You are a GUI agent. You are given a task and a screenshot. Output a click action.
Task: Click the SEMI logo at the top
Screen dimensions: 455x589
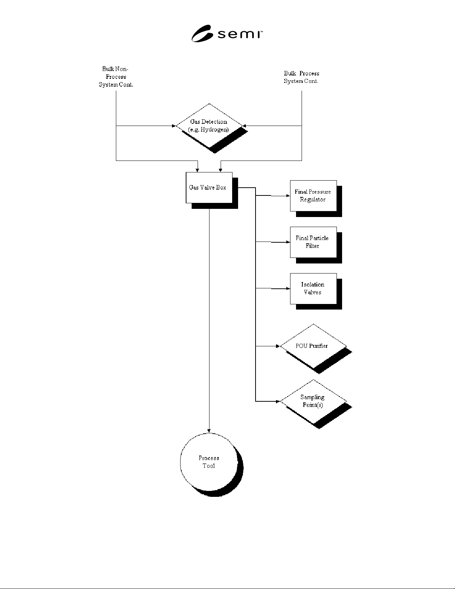pyautogui.click(x=227, y=33)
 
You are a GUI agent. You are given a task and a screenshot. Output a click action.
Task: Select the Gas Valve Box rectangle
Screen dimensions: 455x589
pyautogui.click(x=209, y=188)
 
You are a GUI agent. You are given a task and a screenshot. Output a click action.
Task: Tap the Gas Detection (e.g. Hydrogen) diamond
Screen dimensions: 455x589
pyautogui.click(x=209, y=126)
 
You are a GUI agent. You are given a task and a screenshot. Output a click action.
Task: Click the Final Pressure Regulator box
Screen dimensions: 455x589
pyautogui.click(x=313, y=196)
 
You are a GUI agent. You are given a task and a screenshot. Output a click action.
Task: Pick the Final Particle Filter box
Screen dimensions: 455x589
pyautogui.click(x=313, y=242)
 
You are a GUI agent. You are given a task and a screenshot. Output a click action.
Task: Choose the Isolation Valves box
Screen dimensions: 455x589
pyautogui.click(x=313, y=288)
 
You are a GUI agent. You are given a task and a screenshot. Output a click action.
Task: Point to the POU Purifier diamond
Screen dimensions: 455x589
pyautogui.click(x=313, y=346)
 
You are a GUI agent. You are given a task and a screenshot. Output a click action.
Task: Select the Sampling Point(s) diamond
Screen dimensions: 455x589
pyautogui.click(x=313, y=401)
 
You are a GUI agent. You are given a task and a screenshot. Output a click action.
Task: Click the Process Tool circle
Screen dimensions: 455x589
pyautogui.click(x=209, y=462)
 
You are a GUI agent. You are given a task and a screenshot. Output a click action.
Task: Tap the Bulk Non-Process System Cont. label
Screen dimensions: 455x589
pyautogui.click(x=116, y=77)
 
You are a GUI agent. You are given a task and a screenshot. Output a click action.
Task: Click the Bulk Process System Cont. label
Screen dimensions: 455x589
pyautogui.click(x=302, y=77)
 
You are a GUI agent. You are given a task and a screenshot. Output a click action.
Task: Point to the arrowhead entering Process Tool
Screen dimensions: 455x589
pyautogui.click(x=209, y=431)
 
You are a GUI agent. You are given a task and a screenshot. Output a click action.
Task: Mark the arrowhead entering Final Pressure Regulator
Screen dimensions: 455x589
pyautogui.click(x=288, y=196)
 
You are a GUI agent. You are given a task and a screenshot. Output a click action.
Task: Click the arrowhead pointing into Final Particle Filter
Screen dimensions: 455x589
pyautogui.click(x=288, y=242)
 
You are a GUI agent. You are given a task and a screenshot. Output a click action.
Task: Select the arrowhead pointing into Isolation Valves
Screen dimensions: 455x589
pyautogui.click(x=288, y=288)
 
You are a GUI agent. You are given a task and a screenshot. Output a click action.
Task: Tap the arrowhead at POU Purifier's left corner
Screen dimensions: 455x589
pyautogui.click(x=278, y=346)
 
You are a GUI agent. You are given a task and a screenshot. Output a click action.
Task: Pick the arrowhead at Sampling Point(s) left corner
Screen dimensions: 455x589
pyautogui.click(x=278, y=401)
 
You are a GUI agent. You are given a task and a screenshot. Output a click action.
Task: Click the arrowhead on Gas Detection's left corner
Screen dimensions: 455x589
pyautogui.click(x=174, y=126)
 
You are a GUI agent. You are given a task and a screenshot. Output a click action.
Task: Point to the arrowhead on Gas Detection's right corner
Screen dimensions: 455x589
pyautogui.click(x=244, y=126)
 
